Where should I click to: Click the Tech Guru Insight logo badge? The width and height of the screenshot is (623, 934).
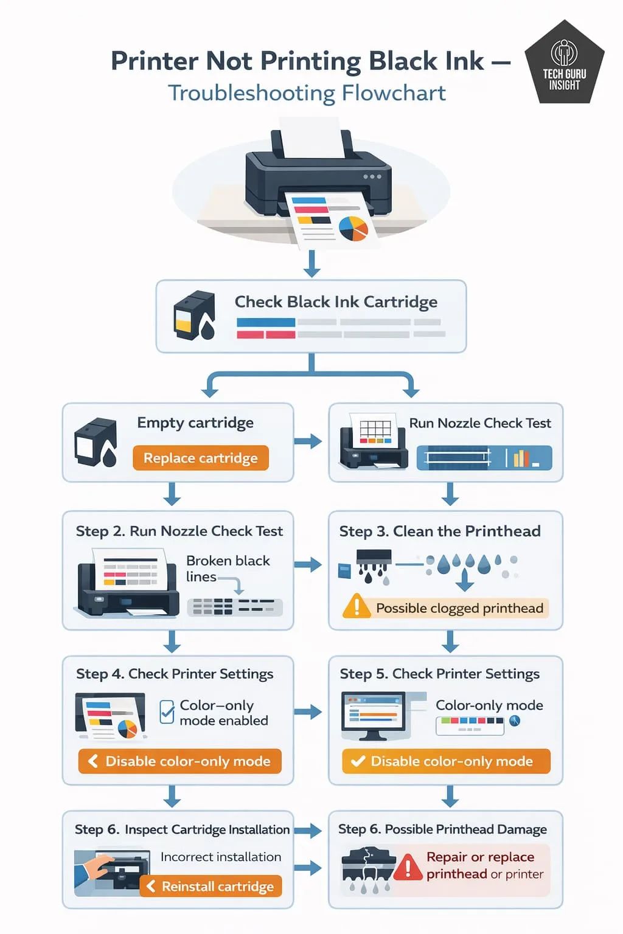pos(564,64)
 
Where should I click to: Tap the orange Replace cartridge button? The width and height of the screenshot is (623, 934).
pos(201,458)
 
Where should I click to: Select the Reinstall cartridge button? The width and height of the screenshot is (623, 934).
pos(211,887)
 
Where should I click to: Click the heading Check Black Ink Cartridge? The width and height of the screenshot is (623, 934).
pos(336,302)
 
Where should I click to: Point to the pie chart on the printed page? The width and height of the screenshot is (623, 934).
pos(353,228)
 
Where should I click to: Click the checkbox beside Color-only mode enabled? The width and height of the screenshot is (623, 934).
pos(167,711)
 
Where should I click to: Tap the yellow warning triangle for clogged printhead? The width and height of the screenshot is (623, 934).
pos(356,607)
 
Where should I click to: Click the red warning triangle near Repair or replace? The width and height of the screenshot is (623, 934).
pos(408,867)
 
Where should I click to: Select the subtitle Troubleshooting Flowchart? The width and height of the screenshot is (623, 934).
pos(307,93)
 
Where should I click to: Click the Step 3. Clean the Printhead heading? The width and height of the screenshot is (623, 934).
pos(439,531)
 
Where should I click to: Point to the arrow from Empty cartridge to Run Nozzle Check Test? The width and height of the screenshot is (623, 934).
pos(308,441)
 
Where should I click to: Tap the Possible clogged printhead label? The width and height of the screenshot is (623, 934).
pos(459,608)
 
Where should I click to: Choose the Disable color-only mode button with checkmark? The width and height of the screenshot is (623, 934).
pos(446,761)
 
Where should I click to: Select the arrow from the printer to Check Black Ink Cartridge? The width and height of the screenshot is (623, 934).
pos(312,263)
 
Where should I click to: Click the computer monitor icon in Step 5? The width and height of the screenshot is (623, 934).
pos(373,715)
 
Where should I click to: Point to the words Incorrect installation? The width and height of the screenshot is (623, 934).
pos(221,857)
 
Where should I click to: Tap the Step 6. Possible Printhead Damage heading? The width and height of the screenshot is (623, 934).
pos(442,829)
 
